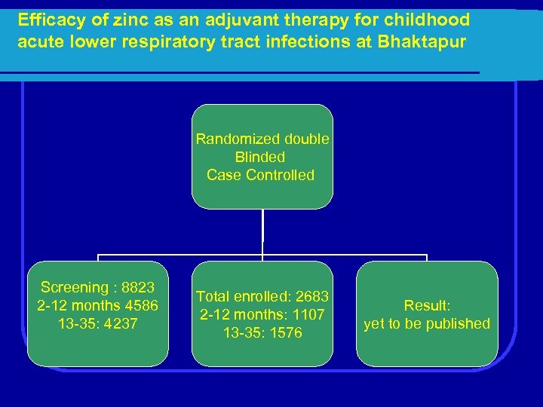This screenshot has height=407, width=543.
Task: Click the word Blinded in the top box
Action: pyautogui.click(x=260, y=158)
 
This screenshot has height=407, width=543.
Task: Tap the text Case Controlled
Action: pyautogui.click(x=260, y=175)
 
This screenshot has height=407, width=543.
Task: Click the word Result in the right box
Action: pyautogui.click(x=427, y=306)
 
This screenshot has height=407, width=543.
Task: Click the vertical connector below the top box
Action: pyautogui.click(x=262, y=232)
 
